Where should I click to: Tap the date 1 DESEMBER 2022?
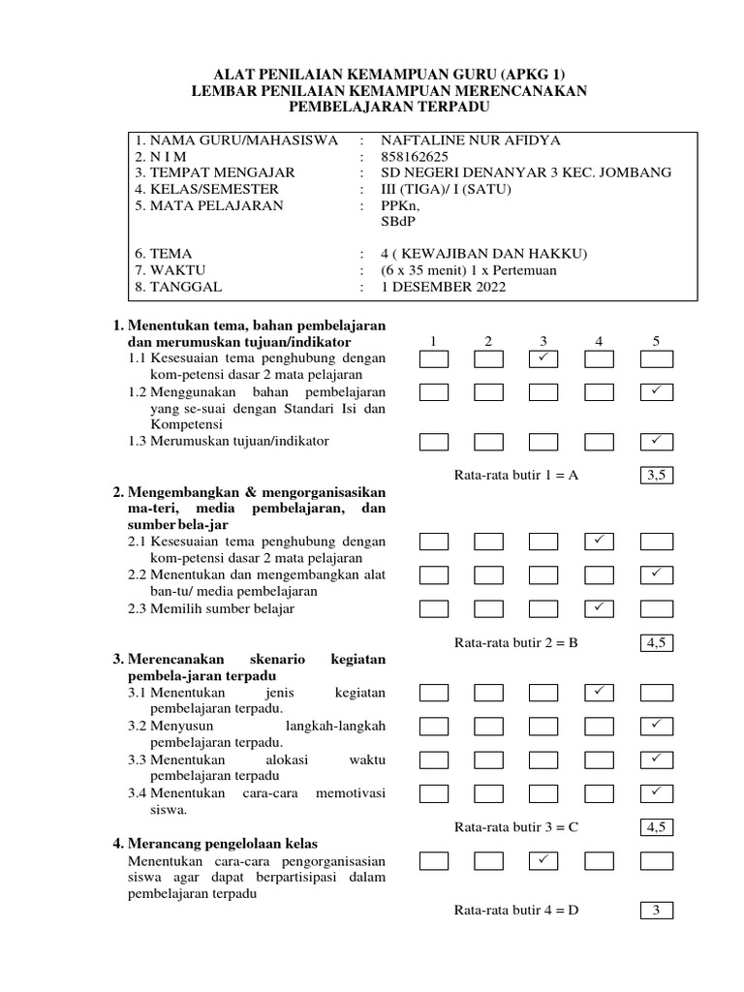(443, 287)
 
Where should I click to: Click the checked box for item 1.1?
(543, 360)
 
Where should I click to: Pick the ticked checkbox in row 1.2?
(656, 391)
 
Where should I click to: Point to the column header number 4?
(600, 341)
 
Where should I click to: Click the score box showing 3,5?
(656, 475)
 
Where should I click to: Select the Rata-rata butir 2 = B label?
(515, 641)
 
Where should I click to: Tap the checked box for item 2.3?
(600, 607)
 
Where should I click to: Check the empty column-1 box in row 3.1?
(433, 692)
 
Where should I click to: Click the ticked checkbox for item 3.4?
(656, 792)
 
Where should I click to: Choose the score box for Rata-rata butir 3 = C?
(656, 826)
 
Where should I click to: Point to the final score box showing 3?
(656, 910)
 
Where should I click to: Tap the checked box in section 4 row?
(543, 859)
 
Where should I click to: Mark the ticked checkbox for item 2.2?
(656, 574)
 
